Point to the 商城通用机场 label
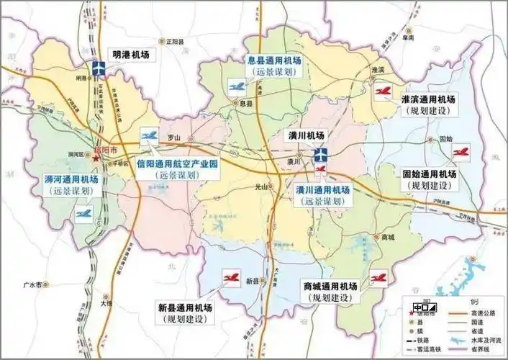(330, 286)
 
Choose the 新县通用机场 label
(186, 307)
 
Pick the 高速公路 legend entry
(483, 313)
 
